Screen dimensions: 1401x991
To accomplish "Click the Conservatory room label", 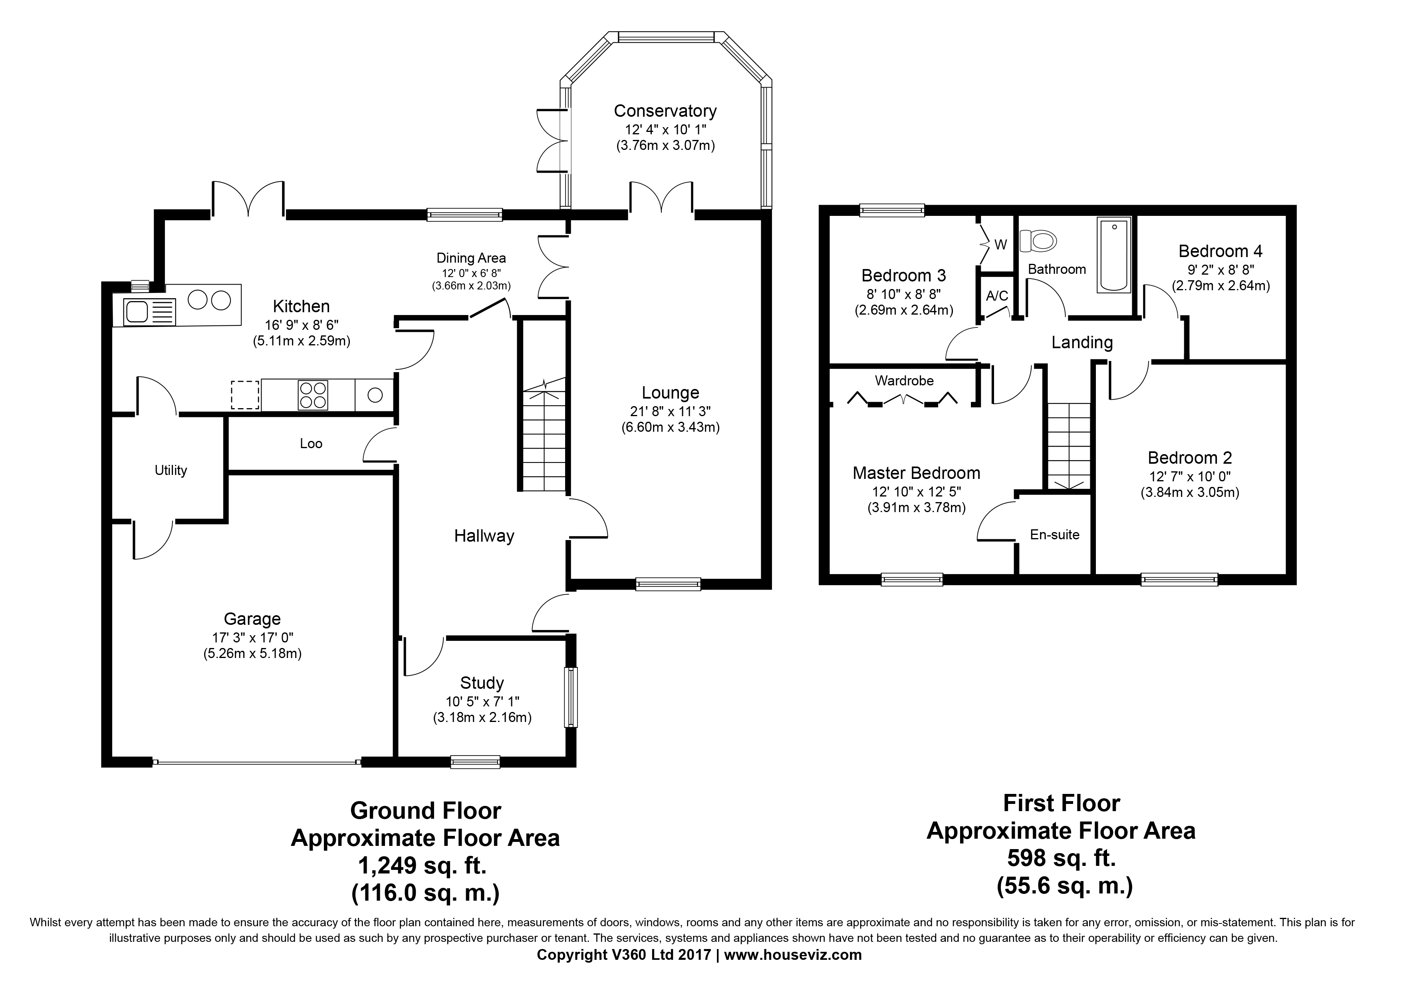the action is pyautogui.click(x=665, y=111).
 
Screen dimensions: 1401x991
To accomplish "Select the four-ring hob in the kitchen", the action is pyautogui.click(x=312, y=395).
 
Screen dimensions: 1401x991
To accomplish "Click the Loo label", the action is pyautogui.click(x=311, y=443).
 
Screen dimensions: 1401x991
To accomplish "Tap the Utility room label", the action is pyautogui.click(x=171, y=470).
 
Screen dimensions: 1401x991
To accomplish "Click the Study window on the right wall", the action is pyautogui.click(x=571, y=697).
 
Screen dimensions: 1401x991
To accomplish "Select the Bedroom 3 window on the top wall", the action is pyautogui.click(x=892, y=210).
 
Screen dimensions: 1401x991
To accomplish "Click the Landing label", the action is pyautogui.click(x=1082, y=343).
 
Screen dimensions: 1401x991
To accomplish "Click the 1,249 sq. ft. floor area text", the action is pyautogui.click(x=425, y=865).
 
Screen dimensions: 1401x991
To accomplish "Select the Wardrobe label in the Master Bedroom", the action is pyautogui.click(x=904, y=381).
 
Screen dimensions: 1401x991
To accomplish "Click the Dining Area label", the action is pyautogui.click(x=471, y=258).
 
